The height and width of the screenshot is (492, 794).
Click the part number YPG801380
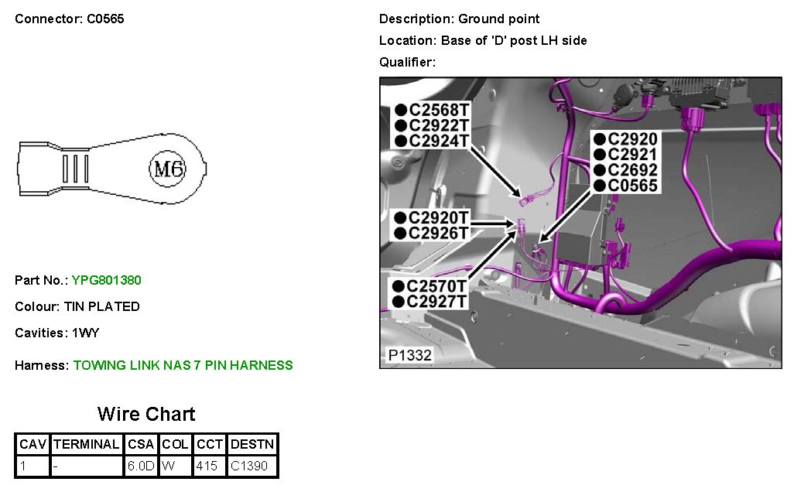106,280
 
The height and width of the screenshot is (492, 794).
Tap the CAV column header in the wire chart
33,444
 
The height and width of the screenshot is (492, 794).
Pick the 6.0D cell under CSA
142,466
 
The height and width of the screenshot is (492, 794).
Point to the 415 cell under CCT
207,466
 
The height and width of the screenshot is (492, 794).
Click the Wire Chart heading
146,414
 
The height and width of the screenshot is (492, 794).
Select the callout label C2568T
438,110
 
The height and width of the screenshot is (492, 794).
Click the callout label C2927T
436,302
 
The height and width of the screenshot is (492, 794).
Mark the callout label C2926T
438,233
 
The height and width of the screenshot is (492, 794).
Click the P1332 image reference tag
409,356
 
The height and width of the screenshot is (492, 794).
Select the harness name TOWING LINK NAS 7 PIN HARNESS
183,365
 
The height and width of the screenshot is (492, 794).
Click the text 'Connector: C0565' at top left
70,19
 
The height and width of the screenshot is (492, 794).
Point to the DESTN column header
252,444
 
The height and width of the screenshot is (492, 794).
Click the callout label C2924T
438,141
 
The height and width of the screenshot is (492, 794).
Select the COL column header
176,444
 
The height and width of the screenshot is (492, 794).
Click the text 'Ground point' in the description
499,19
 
